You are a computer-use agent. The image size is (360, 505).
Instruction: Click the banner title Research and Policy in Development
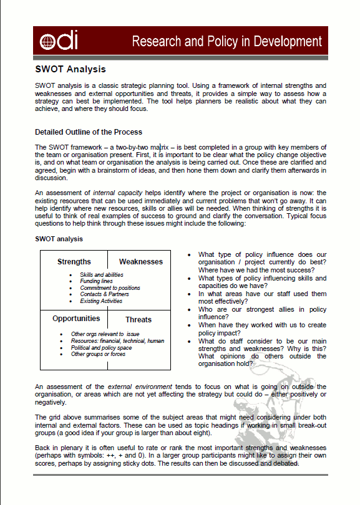point(226,42)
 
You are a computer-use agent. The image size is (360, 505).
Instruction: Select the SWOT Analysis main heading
point(70,69)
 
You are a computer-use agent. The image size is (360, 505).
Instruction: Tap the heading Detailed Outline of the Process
point(89,132)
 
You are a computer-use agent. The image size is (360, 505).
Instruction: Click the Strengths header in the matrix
point(74,262)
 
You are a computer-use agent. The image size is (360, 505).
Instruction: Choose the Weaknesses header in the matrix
point(140,262)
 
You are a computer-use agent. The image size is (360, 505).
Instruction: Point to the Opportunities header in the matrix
point(76,319)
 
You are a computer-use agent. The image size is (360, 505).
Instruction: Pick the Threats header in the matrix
point(138,320)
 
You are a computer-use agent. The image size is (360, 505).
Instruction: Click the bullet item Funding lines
point(97,281)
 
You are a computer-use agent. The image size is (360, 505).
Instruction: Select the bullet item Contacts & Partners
point(105,294)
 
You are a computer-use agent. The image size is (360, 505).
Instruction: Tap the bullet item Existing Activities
point(101,301)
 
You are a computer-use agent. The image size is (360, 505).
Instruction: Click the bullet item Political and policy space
point(102,348)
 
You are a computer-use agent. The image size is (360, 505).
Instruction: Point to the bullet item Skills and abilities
point(101,275)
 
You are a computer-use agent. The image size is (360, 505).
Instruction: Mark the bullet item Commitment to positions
point(110,288)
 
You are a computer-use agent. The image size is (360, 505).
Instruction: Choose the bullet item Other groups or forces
point(99,354)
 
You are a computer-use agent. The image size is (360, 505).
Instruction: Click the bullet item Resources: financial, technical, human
point(117,341)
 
